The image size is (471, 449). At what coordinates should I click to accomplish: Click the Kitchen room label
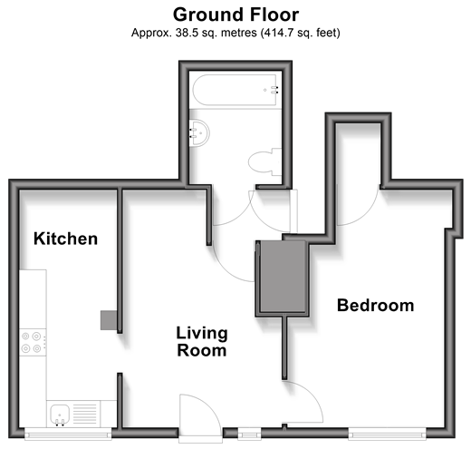coord(65,239)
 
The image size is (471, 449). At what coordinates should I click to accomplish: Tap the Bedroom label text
coord(375,305)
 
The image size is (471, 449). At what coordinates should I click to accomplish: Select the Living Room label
coord(202,342)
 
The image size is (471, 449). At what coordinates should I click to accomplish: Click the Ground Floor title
coord(235,15)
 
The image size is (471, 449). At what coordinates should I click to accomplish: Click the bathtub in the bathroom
coord(235,90)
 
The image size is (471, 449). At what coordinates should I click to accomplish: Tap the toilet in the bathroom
coord(264,161)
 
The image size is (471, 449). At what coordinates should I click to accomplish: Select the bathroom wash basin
coord(199,133)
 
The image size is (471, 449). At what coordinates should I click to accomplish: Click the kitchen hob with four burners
coord(33,342)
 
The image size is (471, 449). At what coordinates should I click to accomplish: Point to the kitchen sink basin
coord(60,414)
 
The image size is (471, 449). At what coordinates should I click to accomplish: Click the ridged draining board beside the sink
coord(85,414)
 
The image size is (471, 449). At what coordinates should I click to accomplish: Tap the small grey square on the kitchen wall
coord(109,320)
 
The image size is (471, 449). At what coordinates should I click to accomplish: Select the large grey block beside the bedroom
coord(283,276)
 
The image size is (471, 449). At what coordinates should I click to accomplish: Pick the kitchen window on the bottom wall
coord(68,433)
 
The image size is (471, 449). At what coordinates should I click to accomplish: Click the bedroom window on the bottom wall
coord(387,434)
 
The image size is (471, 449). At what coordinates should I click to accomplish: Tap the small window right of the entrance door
coord(249,434)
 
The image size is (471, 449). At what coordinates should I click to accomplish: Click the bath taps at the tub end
coord(274,90)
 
